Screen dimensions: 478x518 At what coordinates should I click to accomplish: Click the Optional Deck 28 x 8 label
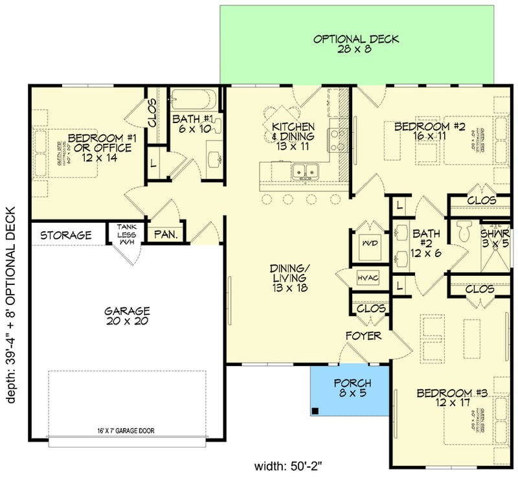356,43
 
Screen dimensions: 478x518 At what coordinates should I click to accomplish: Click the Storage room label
65,235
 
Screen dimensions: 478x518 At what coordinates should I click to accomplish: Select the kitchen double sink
304,172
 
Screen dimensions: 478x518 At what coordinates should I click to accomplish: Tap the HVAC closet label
367,278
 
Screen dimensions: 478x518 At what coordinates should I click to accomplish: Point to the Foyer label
363,336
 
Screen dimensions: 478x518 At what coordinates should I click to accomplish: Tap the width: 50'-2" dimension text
287,465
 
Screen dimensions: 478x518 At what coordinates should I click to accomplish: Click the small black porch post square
315,411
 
